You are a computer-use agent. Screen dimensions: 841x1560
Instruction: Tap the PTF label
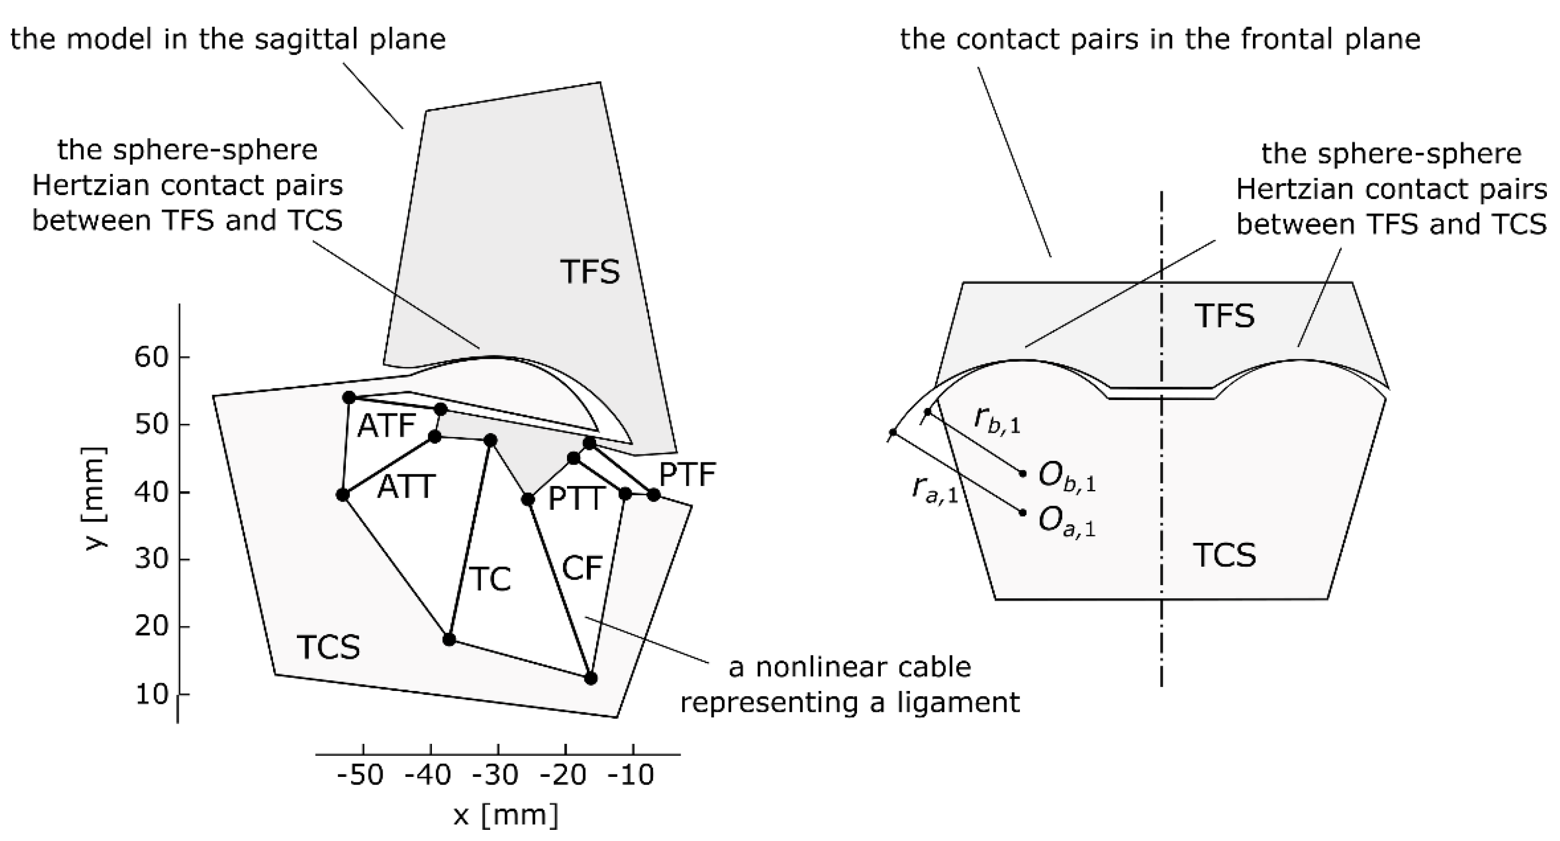pyautogui.click(x=687, y=475)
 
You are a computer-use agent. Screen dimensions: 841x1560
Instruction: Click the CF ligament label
pyautogui.click(x=582, y=569)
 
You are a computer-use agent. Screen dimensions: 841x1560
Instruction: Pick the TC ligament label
pyautogui.click(x=491, y=579)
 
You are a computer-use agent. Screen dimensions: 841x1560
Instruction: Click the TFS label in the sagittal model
pyautogui.click(x=590, y=271)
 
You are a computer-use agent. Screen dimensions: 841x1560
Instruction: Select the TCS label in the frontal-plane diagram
pyautogui.click(x=1224, y=555)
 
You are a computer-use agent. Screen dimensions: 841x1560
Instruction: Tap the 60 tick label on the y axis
pyautogui.click(x=151, y=357)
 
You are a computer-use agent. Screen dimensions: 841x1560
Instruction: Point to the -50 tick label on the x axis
pyautogui.click(x=360, y=775)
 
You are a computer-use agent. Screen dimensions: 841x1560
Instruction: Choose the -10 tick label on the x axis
pyautogui.click(x=631, y=775)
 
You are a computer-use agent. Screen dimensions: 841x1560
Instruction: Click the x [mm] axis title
pyautogui.click(x=506, y=815)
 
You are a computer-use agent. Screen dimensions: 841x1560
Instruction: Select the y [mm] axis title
pyautogui.click(x=96, y=498)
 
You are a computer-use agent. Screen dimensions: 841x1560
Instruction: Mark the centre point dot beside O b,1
pyautogui.click(x=1023, y=473)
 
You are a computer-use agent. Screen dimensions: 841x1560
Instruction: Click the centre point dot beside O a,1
pyautogui.click(x=1023, y=513)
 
